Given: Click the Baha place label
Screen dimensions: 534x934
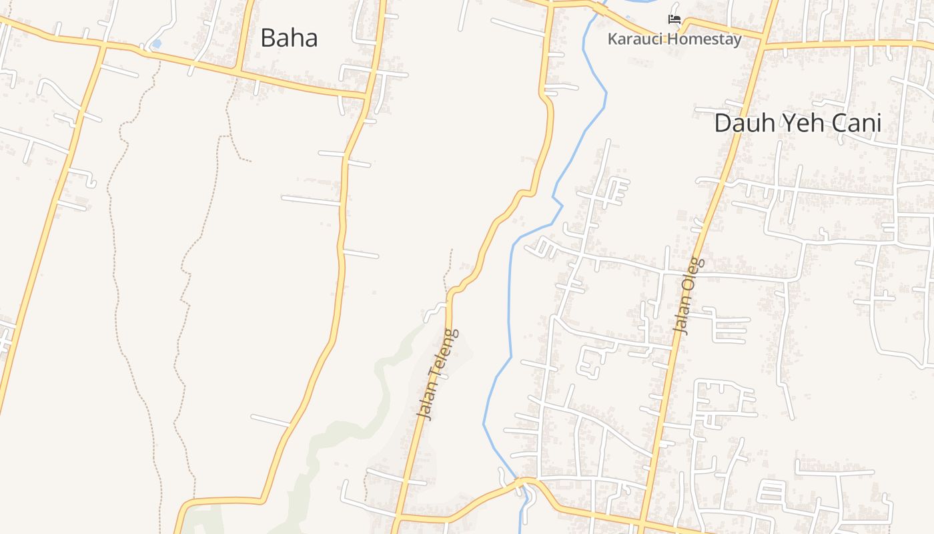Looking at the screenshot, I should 289,38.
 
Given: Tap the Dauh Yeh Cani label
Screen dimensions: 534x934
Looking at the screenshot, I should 797,123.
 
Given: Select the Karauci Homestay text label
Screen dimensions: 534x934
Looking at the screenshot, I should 674,39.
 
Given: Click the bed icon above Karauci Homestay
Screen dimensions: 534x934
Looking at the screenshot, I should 674,19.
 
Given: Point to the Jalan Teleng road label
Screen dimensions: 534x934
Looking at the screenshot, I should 438,374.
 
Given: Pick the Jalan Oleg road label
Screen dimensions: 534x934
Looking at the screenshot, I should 689,296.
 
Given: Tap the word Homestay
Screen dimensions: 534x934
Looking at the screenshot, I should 705,39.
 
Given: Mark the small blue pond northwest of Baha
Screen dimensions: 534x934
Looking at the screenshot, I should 156,44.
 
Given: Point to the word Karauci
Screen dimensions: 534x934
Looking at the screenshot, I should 635,39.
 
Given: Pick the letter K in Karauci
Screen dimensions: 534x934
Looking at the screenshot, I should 612,39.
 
